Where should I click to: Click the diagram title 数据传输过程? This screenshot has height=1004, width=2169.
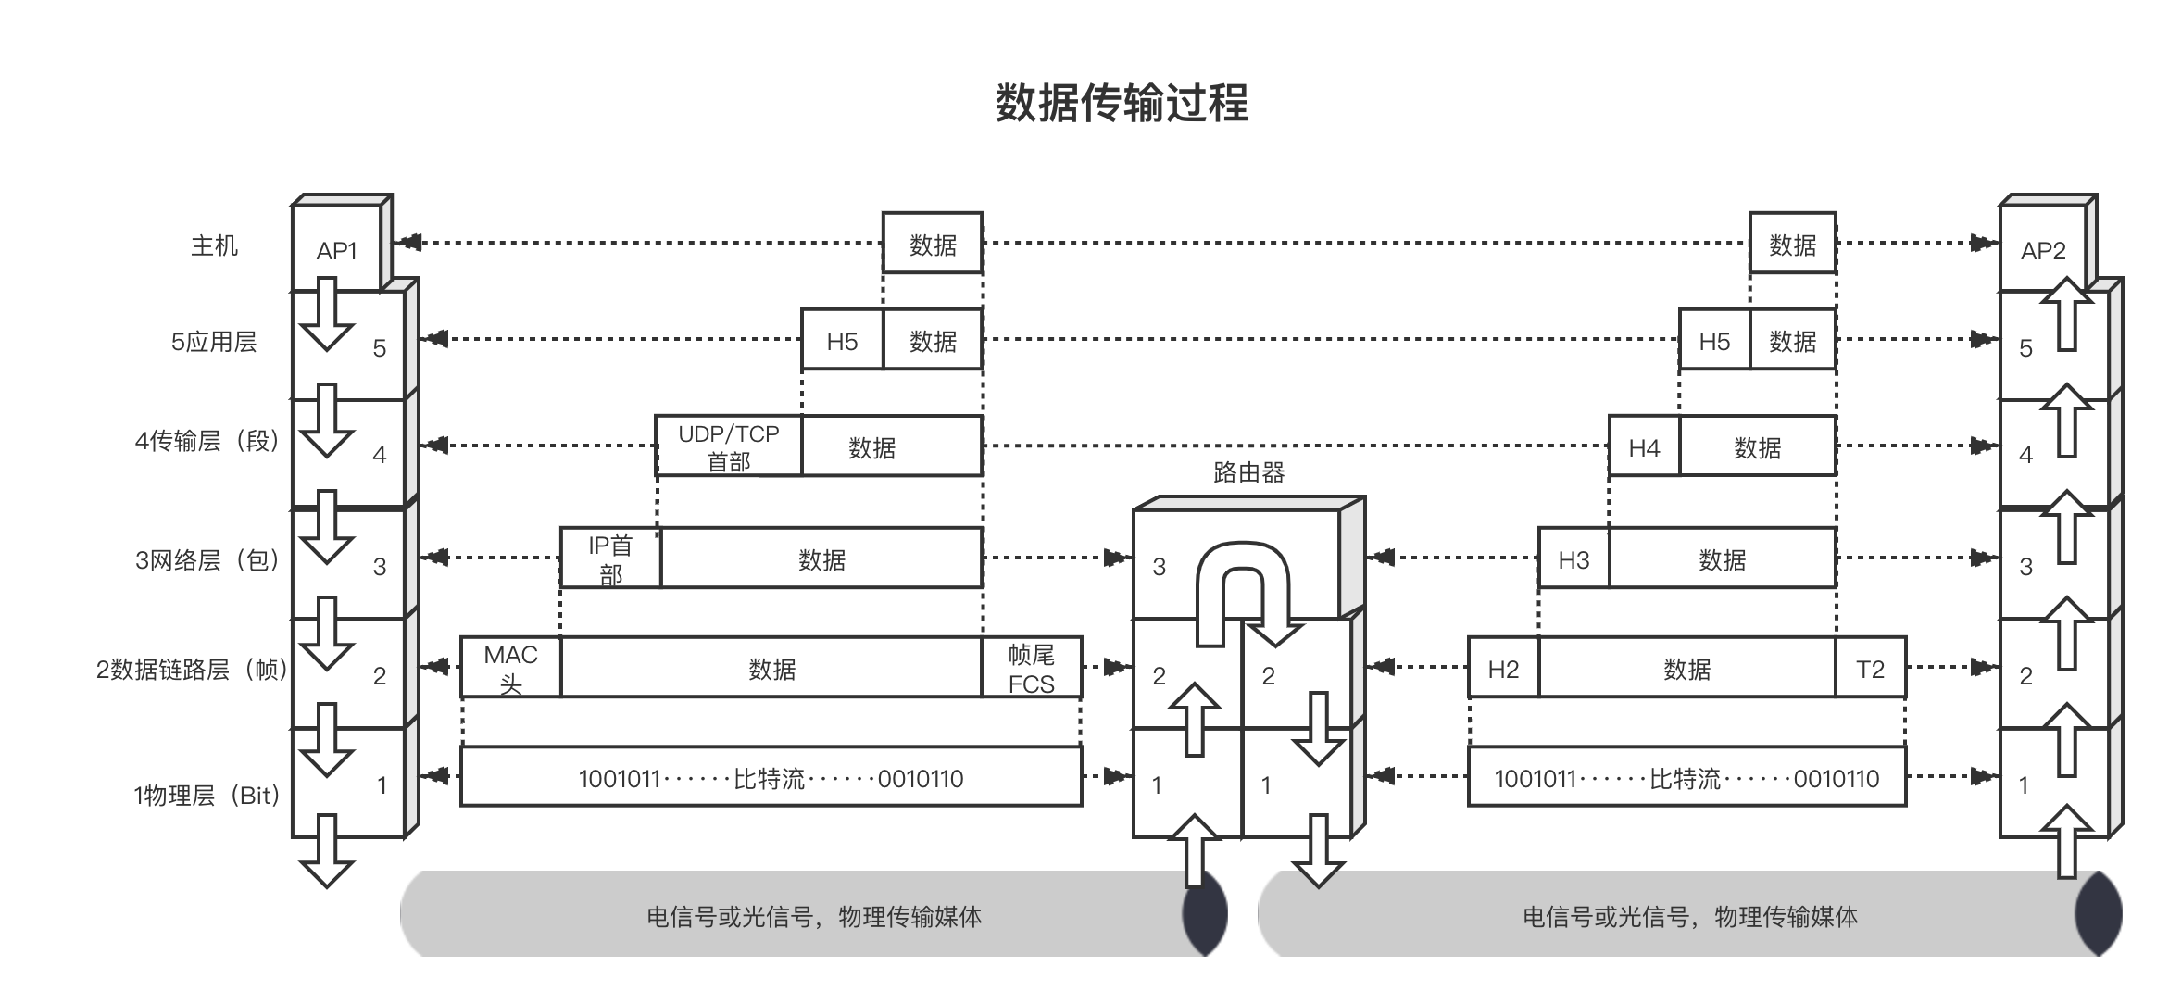pos(1122,103)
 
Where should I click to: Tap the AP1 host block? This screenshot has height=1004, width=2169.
pos(336,250)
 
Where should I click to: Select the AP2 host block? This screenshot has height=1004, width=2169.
pos(2043,250)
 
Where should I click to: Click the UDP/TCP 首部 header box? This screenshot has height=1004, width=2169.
pos(729,446)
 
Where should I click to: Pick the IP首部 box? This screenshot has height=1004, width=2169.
pos(610,558)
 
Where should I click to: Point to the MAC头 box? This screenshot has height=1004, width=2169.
pos(511,667)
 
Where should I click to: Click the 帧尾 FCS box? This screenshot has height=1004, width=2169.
pos(1031,668)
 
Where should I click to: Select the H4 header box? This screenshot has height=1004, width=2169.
pos(1644,447)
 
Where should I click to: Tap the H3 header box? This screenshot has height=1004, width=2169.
pos(1573,558)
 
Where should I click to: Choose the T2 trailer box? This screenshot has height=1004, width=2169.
pos(1870,668)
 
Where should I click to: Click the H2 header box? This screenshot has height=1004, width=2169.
pos(1503,668)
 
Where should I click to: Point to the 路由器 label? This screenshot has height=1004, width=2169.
pos(1248,473)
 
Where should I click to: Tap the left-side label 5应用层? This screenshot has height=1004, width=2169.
pos(214,342)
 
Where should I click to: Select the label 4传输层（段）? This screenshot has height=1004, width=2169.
pos(207,441)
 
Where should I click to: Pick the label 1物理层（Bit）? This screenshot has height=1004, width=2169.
pos(207,795)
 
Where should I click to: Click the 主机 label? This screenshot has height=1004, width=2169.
pos(214,245)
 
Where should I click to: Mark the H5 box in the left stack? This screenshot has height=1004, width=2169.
pos(842,341)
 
